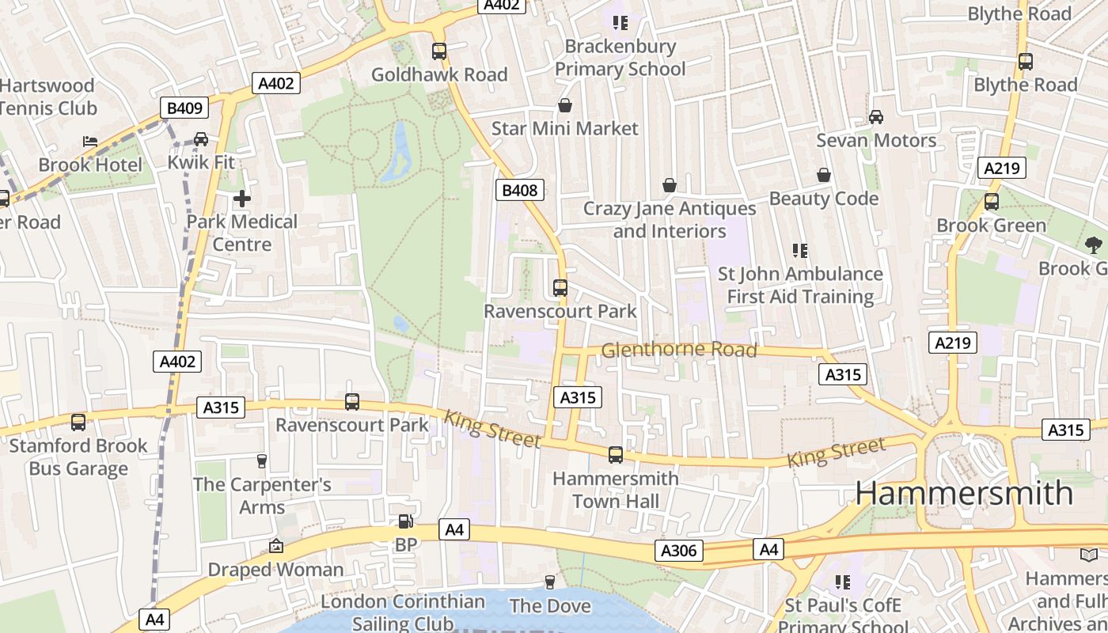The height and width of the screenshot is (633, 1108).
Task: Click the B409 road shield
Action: pyautogui.click(x=184, y=108)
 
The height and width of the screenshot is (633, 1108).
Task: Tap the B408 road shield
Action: pyautogui.click(x=520, y=190)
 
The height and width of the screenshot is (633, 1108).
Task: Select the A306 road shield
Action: pyautogui.click(x=679, y=551)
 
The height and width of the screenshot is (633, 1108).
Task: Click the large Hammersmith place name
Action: pyautogui.click(x=964, y=493)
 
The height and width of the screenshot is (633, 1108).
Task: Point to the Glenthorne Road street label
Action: pyautogui.click(x=679, y=350)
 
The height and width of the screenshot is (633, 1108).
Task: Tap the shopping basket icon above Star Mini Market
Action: pyautogui.click(x=565, y=105)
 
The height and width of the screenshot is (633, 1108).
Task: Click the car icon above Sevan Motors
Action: pyautogui.click(x=876, y=117)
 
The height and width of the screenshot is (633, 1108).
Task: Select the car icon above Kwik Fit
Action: pyautogui.click(x=201, y=139)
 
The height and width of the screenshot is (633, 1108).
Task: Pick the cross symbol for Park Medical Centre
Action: pyautogui.click(x=242, y=199)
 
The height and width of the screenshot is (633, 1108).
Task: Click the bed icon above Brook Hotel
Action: pyautogui.click(x=90, y=142)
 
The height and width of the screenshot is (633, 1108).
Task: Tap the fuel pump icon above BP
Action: pyautogui.click(x=405, y=521)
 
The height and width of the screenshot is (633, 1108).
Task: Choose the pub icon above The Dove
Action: pyautogui.click(x=550, y=582)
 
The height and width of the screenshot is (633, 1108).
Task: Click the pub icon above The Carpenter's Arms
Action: pyautogui.click(x=262, y=461)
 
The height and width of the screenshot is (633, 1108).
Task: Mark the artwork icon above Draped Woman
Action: pyautogui.click(x=275, y=546)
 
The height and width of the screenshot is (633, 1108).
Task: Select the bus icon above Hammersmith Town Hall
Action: pyautogui.click(x=615, y=455)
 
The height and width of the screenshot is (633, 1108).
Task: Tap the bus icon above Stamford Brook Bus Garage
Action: pyautogui.click(x=78, y=423)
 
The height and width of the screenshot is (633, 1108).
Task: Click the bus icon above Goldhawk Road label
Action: pyautogui.click(x=439, y=51)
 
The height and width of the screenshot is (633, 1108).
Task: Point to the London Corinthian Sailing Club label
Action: pyautogui.click(x=403, y=612)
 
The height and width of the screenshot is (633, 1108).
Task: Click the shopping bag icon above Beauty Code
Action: pyautogui.click(x=824, y=175)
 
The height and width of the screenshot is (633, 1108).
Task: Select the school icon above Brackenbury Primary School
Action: pyautogui.click(x=620, y=22)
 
